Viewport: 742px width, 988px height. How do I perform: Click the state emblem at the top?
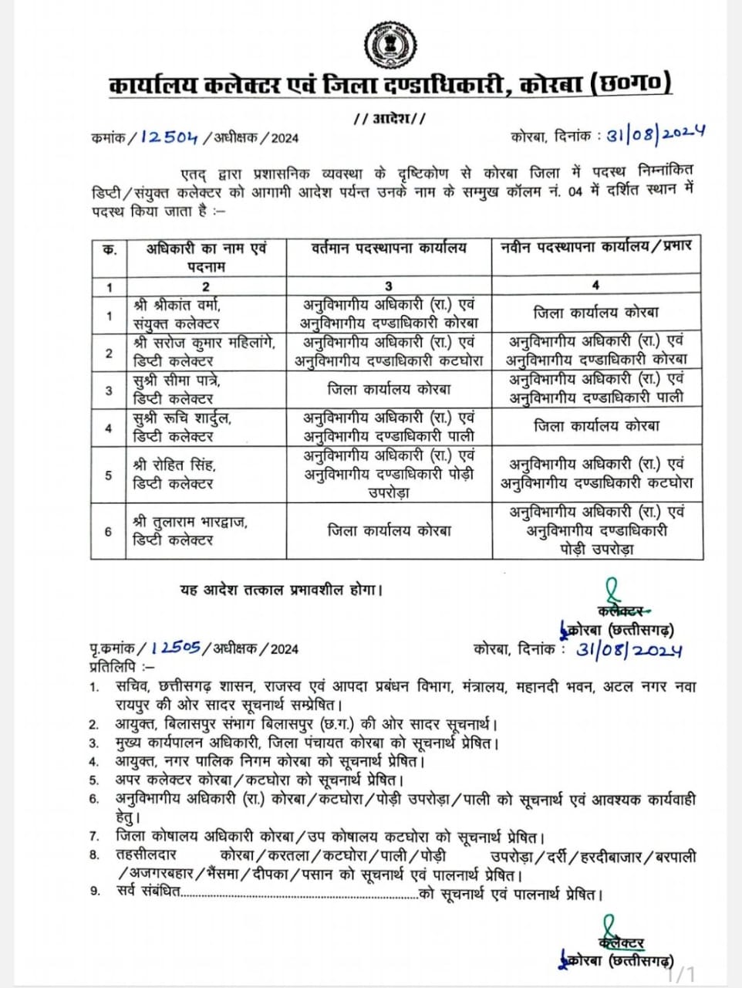[x=390, y=45]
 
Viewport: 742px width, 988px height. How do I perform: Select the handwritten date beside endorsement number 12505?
[x=629, y=650]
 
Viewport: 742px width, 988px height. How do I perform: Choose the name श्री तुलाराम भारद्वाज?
[x=190, y=522]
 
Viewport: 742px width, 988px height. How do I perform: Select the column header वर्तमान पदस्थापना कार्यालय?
[x=390, y=248]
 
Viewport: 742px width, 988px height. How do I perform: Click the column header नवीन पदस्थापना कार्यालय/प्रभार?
[x=596, y=246]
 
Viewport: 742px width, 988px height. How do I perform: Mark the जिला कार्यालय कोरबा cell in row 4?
[x=596, y=426]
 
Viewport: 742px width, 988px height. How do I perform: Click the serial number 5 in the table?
[x=109, y=475]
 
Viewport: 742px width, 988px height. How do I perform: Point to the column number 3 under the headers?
[x=389, y=285]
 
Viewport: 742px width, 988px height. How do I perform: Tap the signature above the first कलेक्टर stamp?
[x=612, y=590]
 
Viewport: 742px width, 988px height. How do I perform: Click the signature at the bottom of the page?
[x=610, y=925]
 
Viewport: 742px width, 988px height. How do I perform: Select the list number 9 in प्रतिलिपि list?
[x=96, y=892]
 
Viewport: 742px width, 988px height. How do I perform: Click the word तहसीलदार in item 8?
[x=147, y=855]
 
